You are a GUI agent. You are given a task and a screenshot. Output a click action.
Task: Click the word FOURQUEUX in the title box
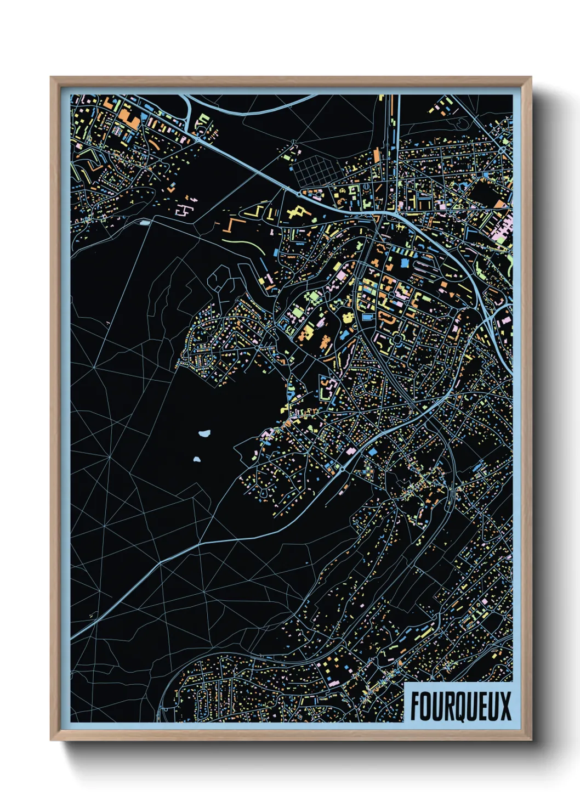click(460, 706)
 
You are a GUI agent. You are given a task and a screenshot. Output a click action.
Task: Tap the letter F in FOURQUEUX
click(416, 706)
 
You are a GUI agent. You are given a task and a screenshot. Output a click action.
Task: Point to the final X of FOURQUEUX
click(505, 706)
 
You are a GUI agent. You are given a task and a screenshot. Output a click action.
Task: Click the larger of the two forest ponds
click(205, 433)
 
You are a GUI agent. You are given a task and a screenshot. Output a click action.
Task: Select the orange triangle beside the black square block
click(501, 204)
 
